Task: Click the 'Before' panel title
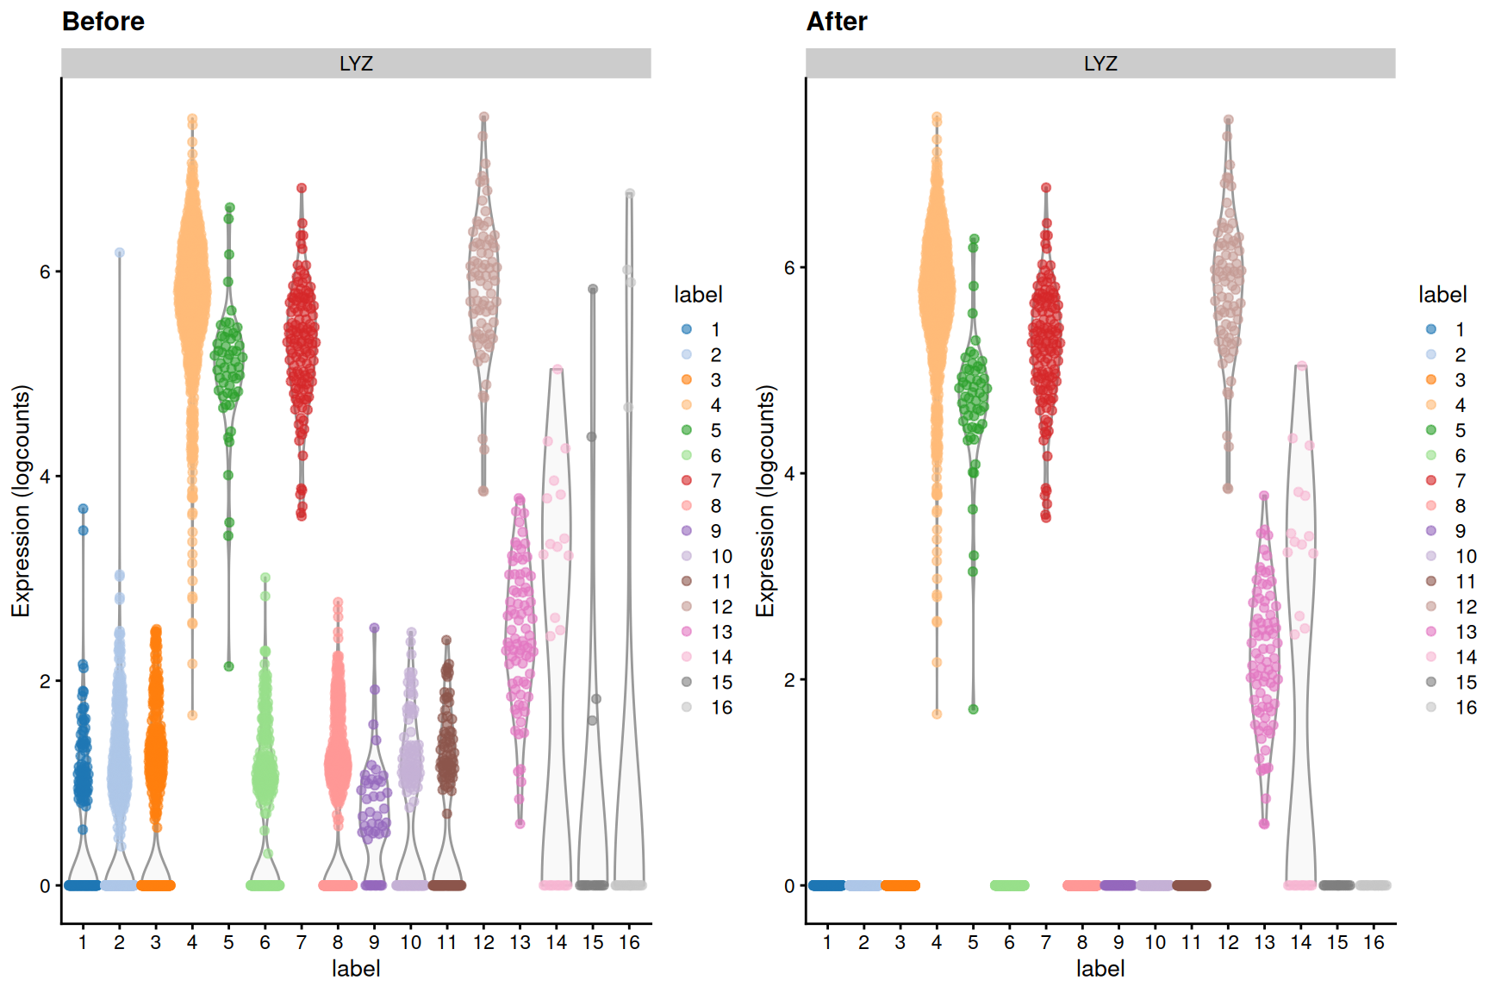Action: coord(103,22)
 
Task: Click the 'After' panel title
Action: coord(836,22)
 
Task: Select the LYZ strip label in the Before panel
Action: coord(356,64)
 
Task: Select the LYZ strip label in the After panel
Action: coord(1100,64)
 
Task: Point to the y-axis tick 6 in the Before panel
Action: coord(45,272)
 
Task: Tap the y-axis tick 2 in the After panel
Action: coord(789,680)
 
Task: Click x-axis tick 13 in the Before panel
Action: coord(520,943)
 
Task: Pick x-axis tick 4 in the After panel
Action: coord(937,943)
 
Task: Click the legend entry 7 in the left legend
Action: coord(715,481)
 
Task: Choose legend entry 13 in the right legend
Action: coord(1465,632)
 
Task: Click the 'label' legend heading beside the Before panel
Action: coord(698,295)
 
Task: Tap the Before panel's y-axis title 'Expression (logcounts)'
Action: coord(21,500)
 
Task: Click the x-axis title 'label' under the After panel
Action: coord(1100,969)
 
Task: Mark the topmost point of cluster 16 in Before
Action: coord(630,194)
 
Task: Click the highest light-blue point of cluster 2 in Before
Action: coord(120,253)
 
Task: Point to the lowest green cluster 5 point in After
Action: coord(973,709)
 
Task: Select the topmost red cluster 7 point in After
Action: coord(1046,188)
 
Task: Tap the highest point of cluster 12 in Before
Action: coord(483,117)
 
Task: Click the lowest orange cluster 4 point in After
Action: coord(937,714)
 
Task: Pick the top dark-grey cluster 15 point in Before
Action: coord(593,290)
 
